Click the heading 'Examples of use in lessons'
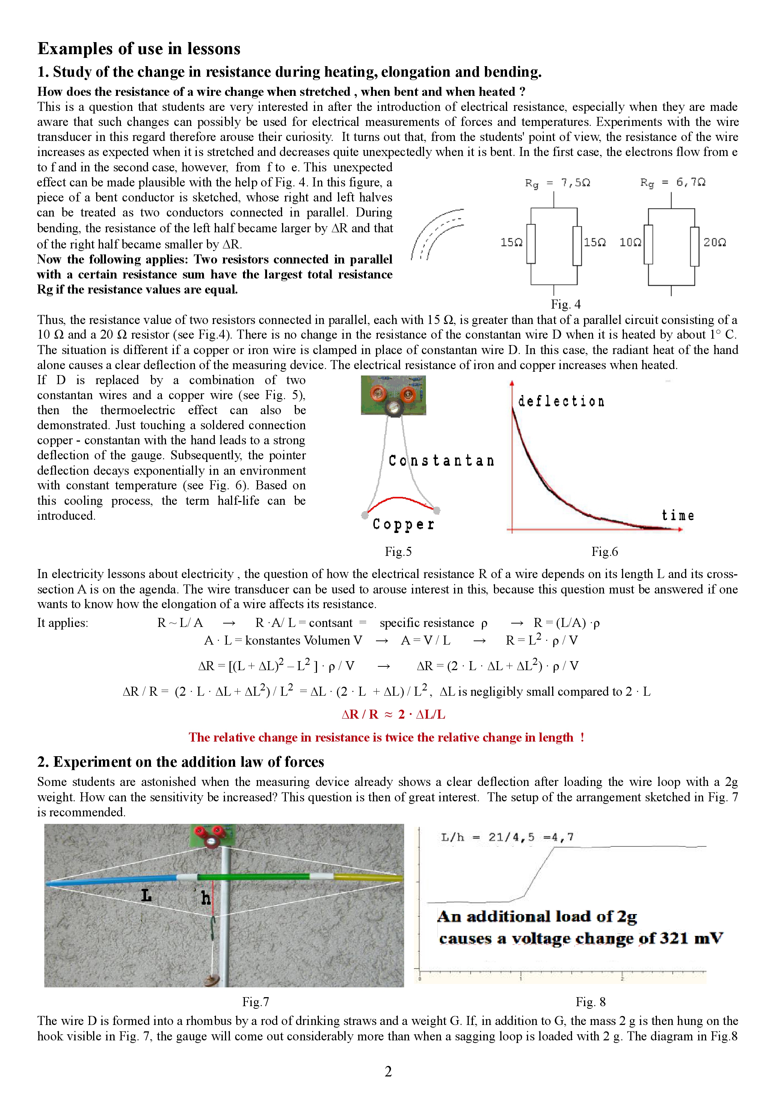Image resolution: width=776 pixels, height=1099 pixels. point(139,49)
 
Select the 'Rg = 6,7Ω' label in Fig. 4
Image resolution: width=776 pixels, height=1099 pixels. point(673,183)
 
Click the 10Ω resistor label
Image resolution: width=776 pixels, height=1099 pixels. point(630,243)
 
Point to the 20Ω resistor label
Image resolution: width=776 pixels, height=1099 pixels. point(714,243)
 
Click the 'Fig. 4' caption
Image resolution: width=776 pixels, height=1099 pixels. point(566,304)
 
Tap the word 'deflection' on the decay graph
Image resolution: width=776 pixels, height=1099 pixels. point(561,401)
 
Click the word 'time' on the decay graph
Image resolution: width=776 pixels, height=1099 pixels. point(678,516)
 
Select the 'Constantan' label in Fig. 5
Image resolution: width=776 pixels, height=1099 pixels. point(441,461)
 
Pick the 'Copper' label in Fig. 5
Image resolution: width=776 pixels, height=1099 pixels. point(403,525)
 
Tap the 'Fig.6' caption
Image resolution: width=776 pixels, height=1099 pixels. point(604,552)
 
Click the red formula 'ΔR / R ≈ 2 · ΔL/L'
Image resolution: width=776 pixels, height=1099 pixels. point(393,715)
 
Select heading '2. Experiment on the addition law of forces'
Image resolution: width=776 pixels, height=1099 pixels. point(180,762)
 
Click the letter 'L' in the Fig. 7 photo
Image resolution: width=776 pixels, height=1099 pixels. point(146,895)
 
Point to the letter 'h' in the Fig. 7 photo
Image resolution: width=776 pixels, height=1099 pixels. point(206,898)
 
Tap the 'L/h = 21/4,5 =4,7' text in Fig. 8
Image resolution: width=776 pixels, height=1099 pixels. point(507,837)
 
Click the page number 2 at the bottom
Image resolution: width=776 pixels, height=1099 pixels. point(388,1071)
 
